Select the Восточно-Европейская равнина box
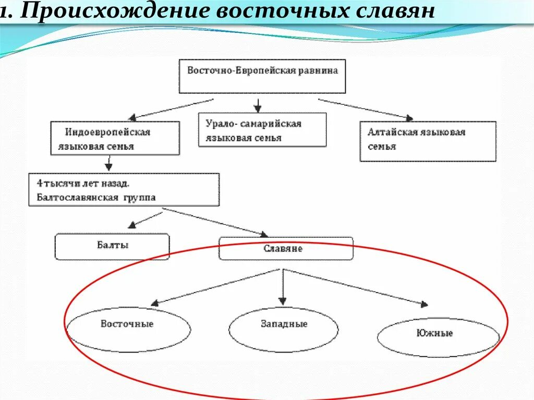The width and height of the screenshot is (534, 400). tap(262, 76)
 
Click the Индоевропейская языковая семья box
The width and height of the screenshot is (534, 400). tap(115, 138)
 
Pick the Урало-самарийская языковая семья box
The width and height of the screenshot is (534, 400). tap(262, 130)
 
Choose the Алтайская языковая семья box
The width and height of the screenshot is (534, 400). tap(428, 141)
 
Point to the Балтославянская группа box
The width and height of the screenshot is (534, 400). tap(124, 190)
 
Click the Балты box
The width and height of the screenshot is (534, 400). tap(112, 246)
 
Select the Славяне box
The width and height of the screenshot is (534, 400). tap(286, 248)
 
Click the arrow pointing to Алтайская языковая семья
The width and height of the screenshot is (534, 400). tap(365, 108)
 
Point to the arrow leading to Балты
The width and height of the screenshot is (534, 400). tap(146, 219)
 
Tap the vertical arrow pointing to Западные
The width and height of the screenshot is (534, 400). tap(282, 287)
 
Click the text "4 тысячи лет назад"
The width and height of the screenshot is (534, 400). tap(83, 184)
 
